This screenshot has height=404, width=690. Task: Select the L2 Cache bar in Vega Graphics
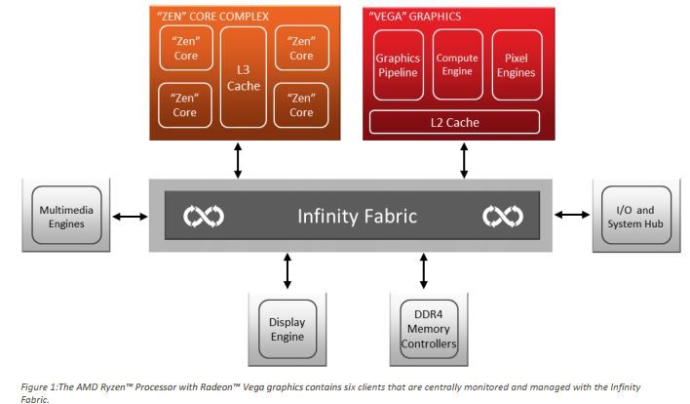[x=454, y=123]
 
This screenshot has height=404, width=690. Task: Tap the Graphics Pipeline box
[x=397, y=64]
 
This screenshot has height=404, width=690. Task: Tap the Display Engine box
[x=287, y=328]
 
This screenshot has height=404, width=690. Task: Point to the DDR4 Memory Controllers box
[x=423, y=330]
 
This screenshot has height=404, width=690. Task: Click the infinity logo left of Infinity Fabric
[x=204, y=216]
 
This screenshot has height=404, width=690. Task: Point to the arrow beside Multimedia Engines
[x=130, y=216]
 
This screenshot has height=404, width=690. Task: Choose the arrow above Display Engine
[x=287, y=270]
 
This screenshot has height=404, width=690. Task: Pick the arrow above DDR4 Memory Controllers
[x=423, y=270]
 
